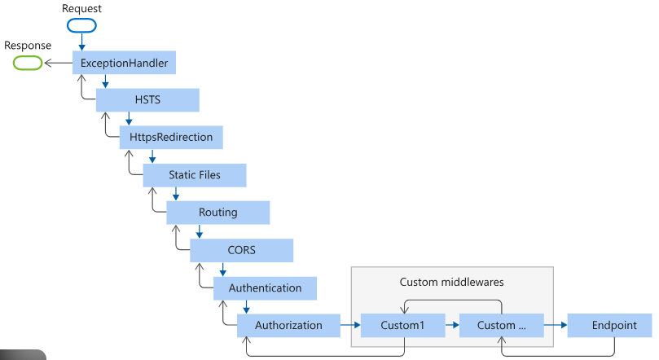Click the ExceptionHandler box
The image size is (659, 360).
124,63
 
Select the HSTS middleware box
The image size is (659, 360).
147,100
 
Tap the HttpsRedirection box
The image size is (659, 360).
171,138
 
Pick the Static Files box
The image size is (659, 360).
194,175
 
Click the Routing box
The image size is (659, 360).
217,213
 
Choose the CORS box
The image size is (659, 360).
241,250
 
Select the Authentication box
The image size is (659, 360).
265,288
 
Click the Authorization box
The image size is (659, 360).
288,325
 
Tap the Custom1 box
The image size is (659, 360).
402,325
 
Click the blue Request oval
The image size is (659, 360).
81,24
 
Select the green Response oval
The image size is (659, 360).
27,63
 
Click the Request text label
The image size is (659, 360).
81,7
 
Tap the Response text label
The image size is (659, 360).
27,45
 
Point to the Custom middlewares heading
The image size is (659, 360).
451,282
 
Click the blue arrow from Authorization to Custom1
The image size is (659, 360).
349,325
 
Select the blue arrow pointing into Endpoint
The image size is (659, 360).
556,325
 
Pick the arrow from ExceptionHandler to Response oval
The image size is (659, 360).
57,63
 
